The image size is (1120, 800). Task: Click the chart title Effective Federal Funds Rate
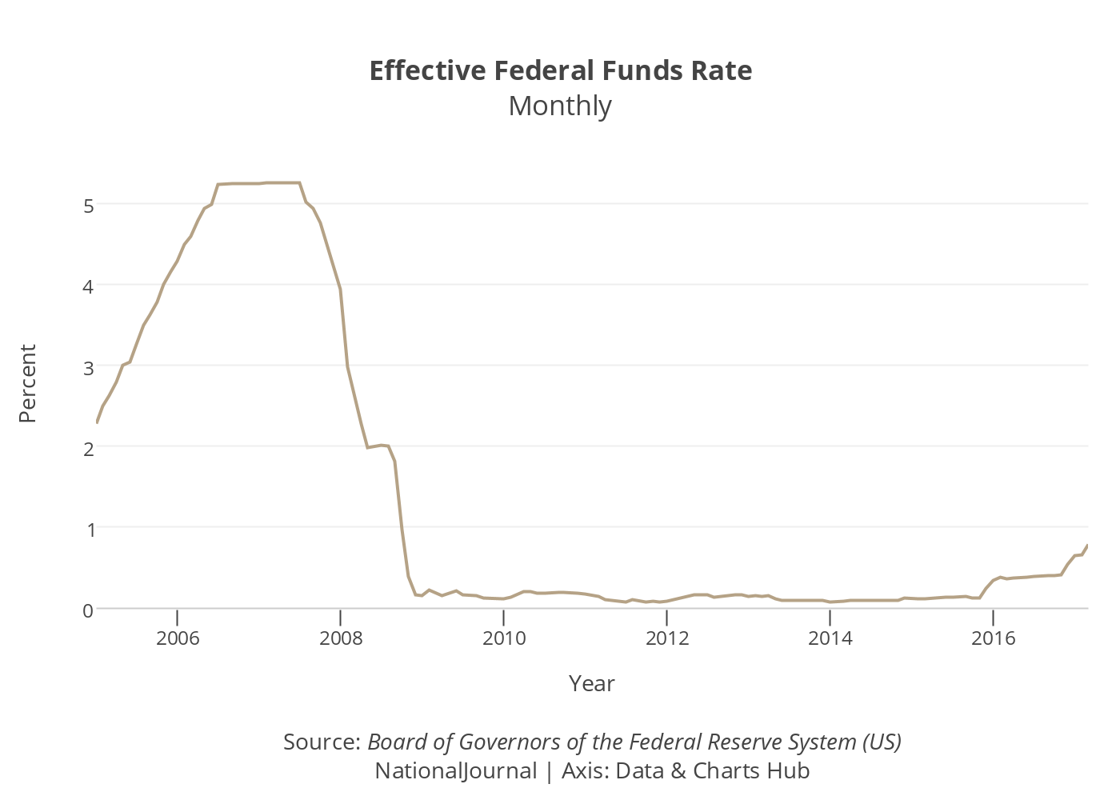click(x=560, y=71)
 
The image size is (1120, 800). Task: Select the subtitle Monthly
click(x=560, y=106)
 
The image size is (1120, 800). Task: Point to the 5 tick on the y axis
click(x=89, y=206)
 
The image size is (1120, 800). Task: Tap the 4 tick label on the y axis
click(x=89, y=286)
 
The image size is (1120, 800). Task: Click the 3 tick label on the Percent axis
click(x=89, y=367)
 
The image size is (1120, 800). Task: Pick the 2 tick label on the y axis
click(x=89, y=448)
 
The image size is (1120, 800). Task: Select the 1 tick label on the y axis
click(x=89, y=529)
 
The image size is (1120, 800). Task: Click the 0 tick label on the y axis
click(x=89, y=610)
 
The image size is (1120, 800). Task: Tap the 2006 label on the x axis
click(x=178, y=638)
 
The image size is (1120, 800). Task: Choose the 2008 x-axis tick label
click(x=341, y=638)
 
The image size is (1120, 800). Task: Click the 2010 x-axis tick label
click(x=504, y=638)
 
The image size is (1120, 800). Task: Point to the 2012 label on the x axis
click(x=667, y=638)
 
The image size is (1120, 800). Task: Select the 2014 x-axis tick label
click(x=830, y=638)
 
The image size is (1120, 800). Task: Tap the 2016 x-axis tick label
click(x=993, y=638)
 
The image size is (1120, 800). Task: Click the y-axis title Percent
click(x=28, y=384)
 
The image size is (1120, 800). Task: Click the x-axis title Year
click(x=592, y=684)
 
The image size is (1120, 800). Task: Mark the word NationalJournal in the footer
click(x=456, y=771)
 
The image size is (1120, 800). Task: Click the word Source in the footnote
click(x=321, y=742)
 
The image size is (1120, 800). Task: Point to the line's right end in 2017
click(x=1087, y=546)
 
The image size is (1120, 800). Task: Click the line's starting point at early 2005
click(x=97, y=422)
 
